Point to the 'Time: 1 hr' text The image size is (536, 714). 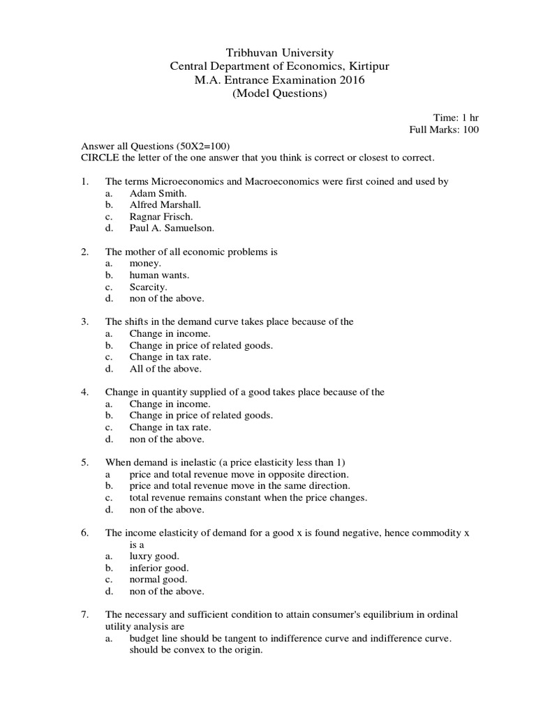click(456, 117)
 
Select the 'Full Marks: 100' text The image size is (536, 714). click(444, 130)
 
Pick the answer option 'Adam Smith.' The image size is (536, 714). click(158, 193)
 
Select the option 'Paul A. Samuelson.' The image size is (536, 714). click(172, 228)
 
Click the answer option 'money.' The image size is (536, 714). click(145, 264)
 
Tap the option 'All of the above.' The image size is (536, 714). click(165, 369)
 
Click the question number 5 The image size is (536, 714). click(84, 462)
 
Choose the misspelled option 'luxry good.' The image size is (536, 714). click(154, 556)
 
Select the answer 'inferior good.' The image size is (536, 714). click(159, 568)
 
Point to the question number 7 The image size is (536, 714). click(84, 615)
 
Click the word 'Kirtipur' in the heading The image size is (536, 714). click(370, 67)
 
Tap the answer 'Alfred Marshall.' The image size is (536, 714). click(165, 205)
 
